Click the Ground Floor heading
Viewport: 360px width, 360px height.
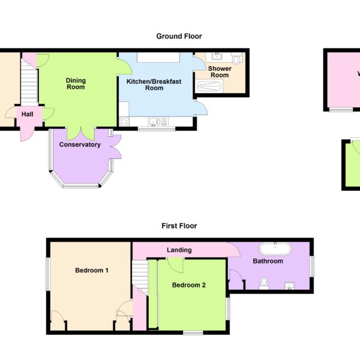[x=179, y=36]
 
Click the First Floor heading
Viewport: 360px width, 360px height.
[x=179, y=226]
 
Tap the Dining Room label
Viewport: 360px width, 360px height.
[x=76, y=84]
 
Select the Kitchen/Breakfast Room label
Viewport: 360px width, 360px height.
[x=154, y=85]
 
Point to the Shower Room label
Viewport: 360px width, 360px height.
[x=220, y=72]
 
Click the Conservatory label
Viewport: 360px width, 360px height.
[x=80, y=145]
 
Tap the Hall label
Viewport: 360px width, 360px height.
[x=28, y=115]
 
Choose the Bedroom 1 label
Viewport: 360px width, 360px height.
[x=92, y=271]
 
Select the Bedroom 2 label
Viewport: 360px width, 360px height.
[x=189, y=285]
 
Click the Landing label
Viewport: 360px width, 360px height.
[x=179, y=250]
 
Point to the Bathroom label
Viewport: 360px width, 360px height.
[x=268, y=261]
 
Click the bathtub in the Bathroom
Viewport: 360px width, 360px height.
[x=275, y=248]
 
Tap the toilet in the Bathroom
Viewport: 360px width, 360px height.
[x=264, y=284]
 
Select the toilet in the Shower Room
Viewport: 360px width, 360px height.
[x=236, y=58]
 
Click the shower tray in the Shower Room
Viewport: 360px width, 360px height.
[x=209, y=86]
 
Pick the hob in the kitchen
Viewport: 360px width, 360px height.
[x=124, y=121]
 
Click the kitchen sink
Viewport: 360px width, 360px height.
[x=155, y=122]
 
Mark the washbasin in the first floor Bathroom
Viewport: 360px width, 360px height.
[x=290, y=286]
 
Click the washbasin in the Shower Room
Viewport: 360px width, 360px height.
[x=217, y=56]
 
